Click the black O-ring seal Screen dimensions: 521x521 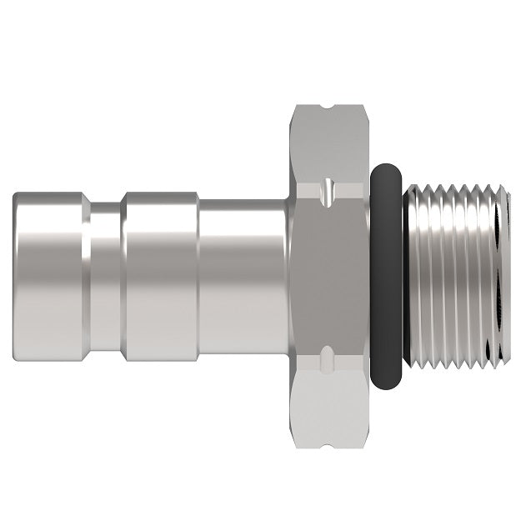click(x=385, y=275)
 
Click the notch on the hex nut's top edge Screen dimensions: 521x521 click(x=328, y=108)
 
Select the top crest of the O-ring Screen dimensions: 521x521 click(x=385, y=168)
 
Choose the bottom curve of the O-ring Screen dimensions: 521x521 click(x=385, y=385)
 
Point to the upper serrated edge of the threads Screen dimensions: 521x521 click(x=454, y=190)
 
